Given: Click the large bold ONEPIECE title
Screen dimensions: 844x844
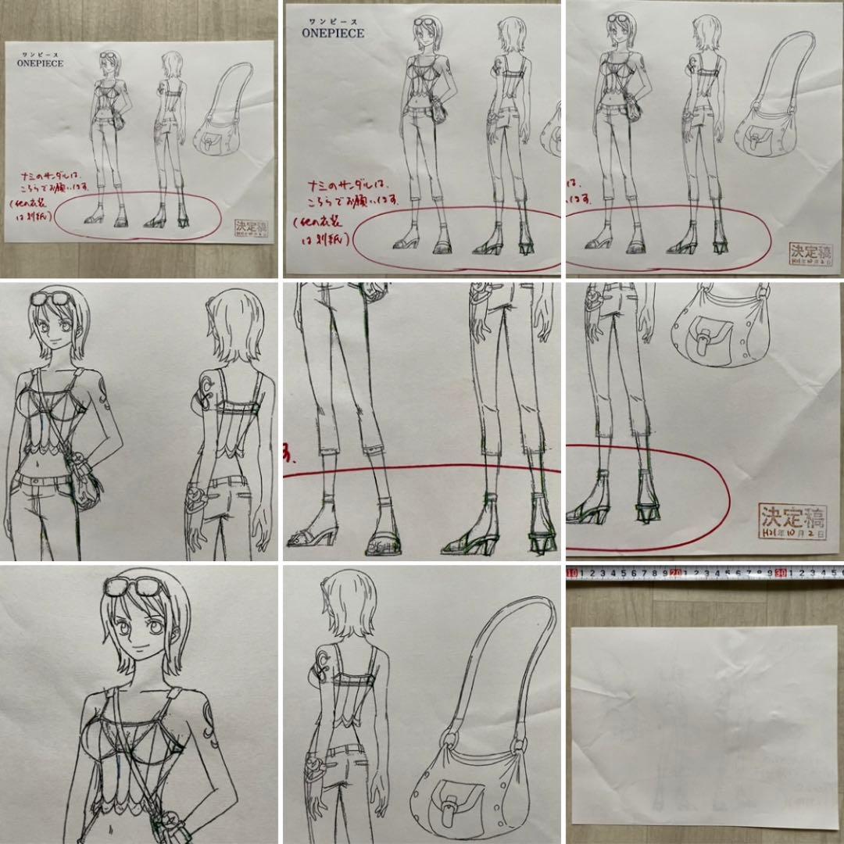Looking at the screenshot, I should point(333,34).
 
